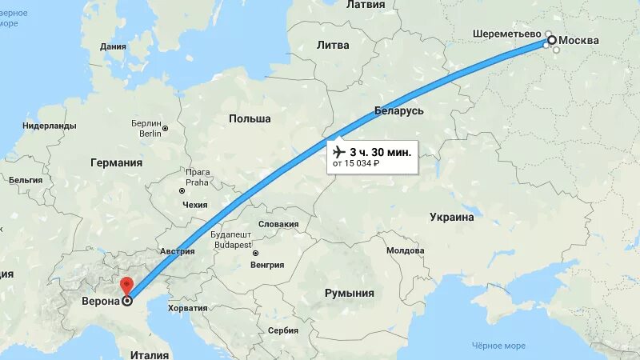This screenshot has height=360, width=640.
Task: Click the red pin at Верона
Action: point(126,286)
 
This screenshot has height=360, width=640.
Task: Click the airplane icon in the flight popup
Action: point(338,151)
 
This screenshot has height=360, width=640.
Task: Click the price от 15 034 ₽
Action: point(357,164)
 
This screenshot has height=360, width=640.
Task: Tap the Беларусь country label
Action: point(398,110)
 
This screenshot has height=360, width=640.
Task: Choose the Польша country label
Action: point(250,118)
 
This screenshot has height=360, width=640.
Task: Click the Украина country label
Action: point(452,217)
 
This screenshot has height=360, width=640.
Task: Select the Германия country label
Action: point(116,162)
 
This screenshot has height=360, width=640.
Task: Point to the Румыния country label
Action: point(350,294)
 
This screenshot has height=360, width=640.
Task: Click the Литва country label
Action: point(333,45)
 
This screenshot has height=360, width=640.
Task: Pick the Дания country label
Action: point(113,46)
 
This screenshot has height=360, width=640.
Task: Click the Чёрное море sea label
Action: point(498,346)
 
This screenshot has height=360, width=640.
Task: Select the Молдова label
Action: point(405,250)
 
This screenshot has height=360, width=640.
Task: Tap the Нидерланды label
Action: point(50,126)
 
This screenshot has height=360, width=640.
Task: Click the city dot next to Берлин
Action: point(166,128)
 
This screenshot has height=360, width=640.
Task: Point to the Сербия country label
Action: point(283,330)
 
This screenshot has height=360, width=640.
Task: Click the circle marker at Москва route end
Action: point(550,40)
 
